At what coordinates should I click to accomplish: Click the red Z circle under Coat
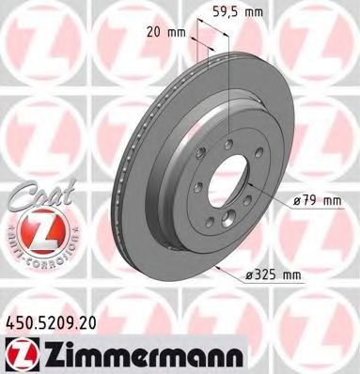pyautogui.click(x=32, y=229)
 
